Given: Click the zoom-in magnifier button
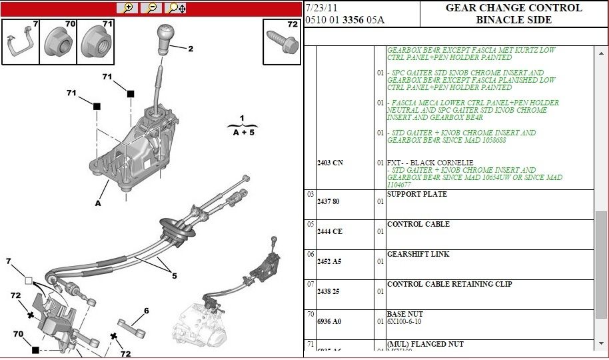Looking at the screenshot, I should (127, 8).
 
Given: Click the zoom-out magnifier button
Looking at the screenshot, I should (151, 8).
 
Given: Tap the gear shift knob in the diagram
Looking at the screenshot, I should (165, 39).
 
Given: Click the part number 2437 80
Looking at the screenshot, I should (328, 201).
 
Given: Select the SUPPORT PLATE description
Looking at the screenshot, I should (416, 195).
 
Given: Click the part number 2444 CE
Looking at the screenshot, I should (328, 231).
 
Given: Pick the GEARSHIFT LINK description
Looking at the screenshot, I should (418, 255).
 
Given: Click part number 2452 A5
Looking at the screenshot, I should (328, 261).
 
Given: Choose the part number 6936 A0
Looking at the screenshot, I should (328, 321).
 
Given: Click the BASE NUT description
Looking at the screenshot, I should (404, 314).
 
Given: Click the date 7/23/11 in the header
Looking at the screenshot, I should (316, 8).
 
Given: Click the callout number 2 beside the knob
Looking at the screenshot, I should (191, 49).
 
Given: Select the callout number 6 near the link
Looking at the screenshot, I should (146, 311).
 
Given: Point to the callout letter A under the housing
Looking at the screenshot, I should (98, 203).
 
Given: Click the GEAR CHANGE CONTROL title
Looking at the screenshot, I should (513, 8).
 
